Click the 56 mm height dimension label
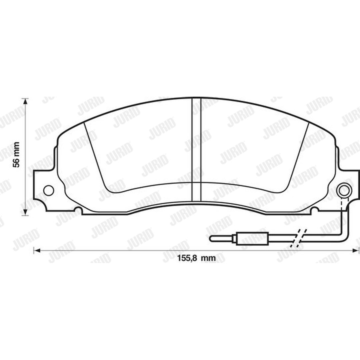(16, 155)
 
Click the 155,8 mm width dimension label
(197, 258)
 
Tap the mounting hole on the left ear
(48, 190)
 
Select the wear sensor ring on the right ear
(344, 190)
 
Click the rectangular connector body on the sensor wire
(252, 238)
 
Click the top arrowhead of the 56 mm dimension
(25, 101)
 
